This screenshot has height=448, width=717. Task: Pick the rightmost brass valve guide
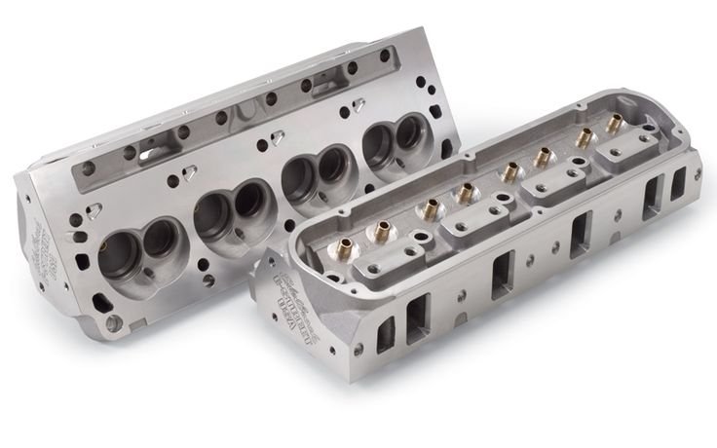pyautogui.click(x=613, y=125)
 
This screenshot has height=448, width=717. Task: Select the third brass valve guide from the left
pyautogui.click(x=466, y=191)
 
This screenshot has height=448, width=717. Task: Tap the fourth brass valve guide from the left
pyautogui.click(x=509, y=173)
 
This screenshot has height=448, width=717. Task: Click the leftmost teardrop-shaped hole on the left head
pyautogui.click(x=94, y=208)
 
